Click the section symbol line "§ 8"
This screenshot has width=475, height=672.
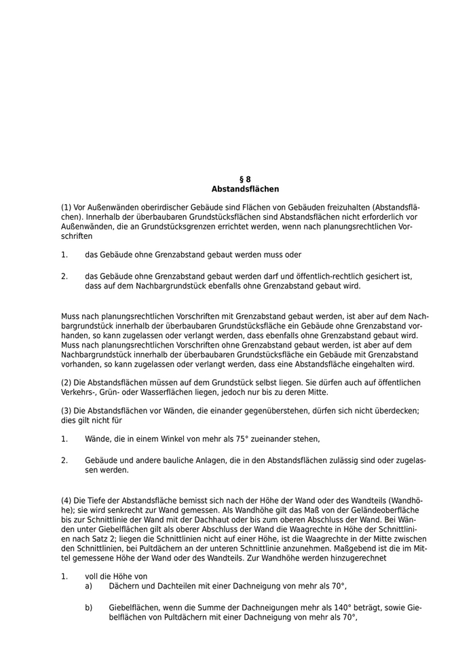click(245, 179)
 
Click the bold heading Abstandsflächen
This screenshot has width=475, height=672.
click(245, 189)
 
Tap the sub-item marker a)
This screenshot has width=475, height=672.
click(89, 586)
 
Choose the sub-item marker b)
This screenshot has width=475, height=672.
click(89, 608)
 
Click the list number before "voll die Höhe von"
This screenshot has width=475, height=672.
click(64, 576)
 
